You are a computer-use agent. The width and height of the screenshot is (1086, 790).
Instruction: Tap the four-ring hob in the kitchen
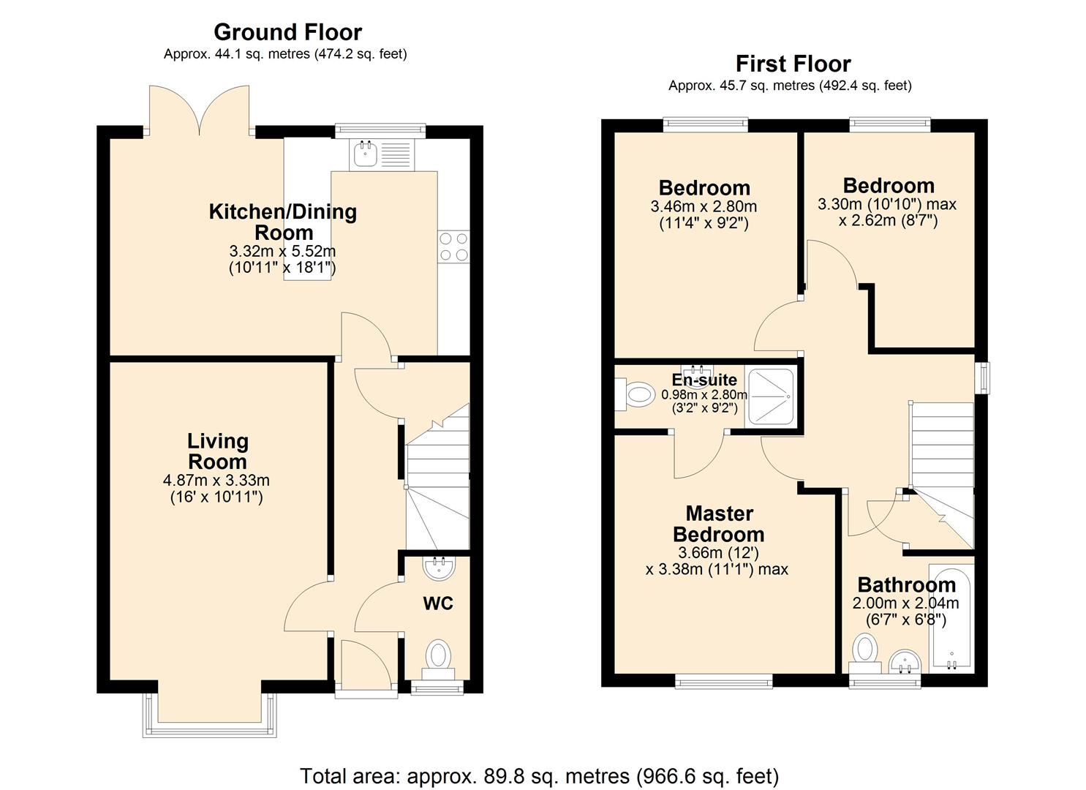click(453, 247)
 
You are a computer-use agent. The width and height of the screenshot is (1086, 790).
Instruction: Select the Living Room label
click(217, 451)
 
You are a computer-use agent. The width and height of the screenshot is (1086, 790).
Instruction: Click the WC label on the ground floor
click(438, 603)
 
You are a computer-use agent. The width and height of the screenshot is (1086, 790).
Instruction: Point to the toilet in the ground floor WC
click(439, 654)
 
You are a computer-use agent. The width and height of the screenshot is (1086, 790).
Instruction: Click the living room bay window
click(211, 715)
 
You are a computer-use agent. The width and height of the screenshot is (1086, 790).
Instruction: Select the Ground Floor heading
click(287, 32)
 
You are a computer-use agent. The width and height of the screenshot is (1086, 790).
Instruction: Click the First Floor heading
click(793, 64)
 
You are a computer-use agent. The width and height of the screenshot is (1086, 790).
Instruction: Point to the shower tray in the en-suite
click(770, 398)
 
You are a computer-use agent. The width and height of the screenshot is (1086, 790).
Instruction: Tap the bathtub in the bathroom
click(950, 617)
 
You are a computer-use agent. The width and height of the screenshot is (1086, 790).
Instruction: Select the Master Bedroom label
click(719, 524)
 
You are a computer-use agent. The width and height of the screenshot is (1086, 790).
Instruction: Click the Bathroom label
click(906, 585)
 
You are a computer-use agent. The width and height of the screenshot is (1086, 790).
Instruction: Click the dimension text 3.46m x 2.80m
click(704, 207)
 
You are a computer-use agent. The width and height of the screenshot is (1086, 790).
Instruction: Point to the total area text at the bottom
click(540, 775)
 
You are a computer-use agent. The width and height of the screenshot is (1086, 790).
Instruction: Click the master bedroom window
click(723, 681)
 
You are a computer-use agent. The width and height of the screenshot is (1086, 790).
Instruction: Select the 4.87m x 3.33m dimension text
click(216, 481)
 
